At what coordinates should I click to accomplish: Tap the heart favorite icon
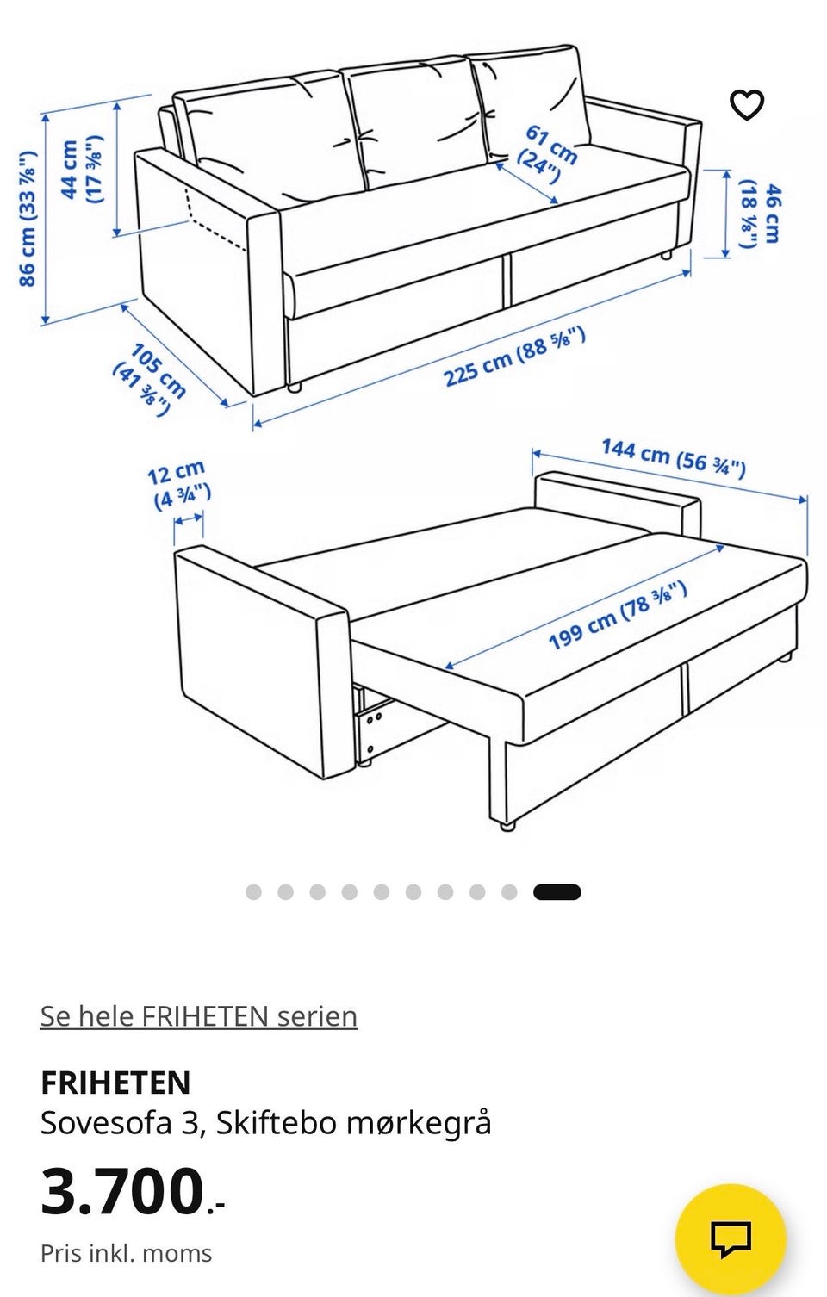click(x=747, y=105)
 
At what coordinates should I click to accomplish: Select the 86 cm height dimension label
click(x=28, y=218)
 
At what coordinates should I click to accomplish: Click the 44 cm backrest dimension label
click(x=82, y=171)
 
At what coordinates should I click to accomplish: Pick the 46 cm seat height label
click(x=761, y=213)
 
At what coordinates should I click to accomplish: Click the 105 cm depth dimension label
click(x=149, y=379)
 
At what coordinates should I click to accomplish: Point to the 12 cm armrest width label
click(x=179, y=485)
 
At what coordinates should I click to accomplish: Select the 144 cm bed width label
click(x=673, y=458)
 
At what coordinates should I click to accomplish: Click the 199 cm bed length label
click(x=618, y=616)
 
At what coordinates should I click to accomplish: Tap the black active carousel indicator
click(x=557, y=892)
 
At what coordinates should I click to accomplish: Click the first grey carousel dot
click(x=253, y=892)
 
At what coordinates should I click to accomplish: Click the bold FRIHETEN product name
click(x=115, y=1083)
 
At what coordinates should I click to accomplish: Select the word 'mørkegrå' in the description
click(x=419, y=1125)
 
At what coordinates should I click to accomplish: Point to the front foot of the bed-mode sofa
click(x=507, y=826)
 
